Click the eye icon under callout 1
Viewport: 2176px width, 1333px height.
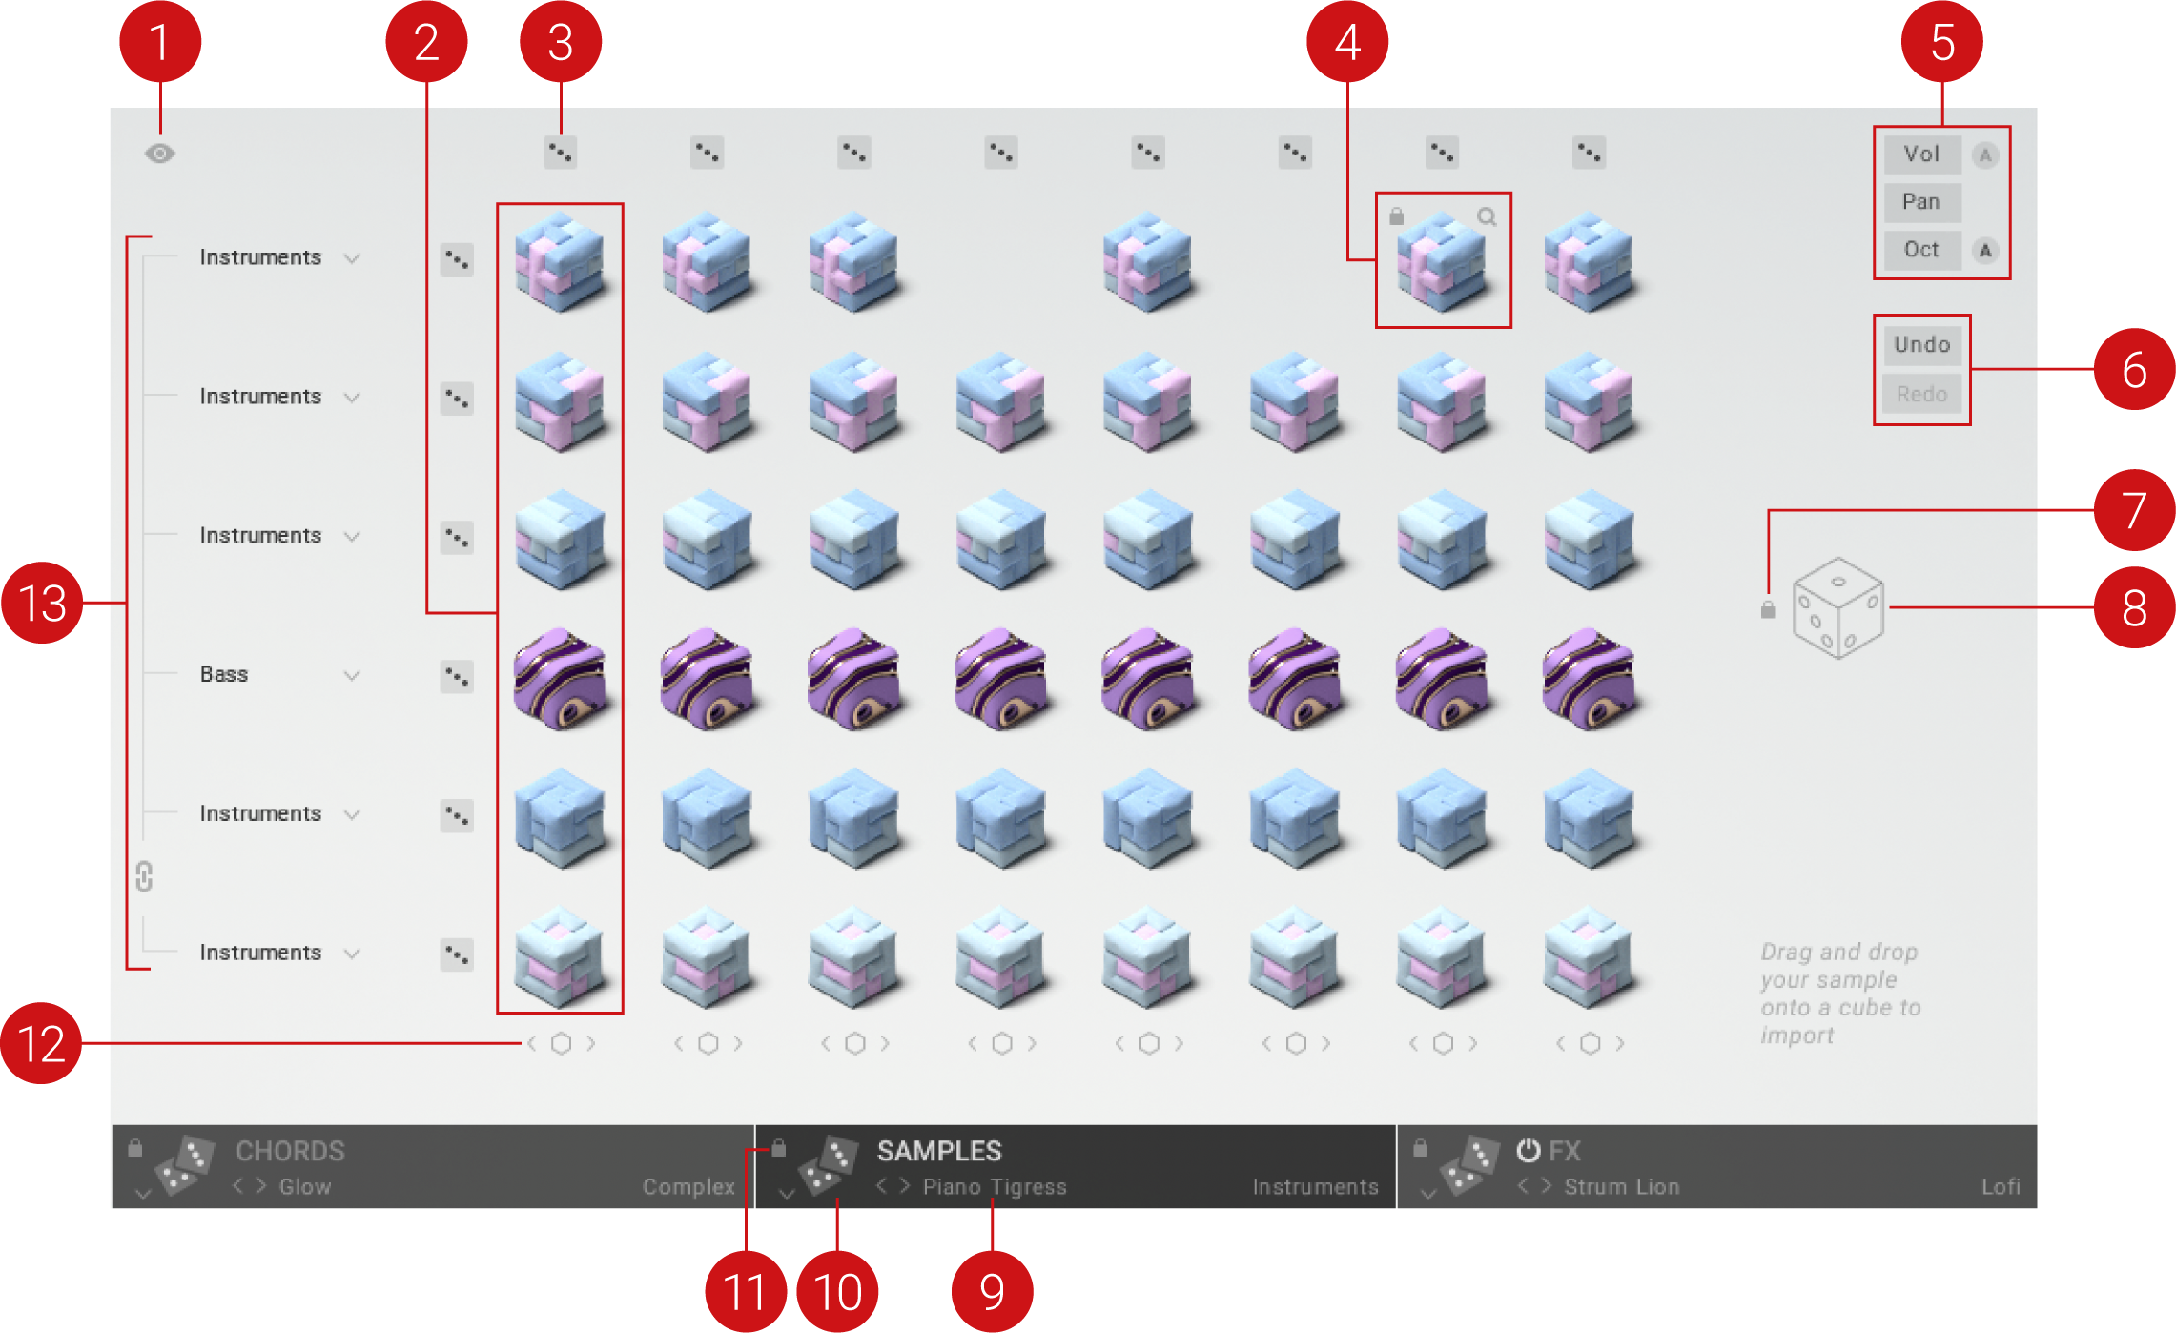point(160,154)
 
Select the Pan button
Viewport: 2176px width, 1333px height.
point(1921,202)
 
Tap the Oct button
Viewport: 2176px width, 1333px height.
point(1921,250)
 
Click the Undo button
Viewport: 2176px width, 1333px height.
point(1921,345)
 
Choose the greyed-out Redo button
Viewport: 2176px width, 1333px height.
point(1921,394)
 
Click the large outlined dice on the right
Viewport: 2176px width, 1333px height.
point(1838,608)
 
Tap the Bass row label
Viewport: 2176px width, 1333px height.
point(224,674)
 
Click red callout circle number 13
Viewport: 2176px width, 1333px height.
point(42,603)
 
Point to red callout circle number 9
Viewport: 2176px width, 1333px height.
point(992,1291)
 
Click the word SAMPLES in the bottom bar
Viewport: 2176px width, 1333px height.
point(939,1152)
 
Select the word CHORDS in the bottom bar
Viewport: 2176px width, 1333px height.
point(290,1152)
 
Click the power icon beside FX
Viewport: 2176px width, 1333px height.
point(1528,1151)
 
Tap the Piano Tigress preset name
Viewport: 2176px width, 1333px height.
point(995,1187)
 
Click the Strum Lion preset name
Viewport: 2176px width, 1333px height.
point(1622,1187)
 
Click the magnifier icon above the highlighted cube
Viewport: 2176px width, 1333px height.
point(1487,217)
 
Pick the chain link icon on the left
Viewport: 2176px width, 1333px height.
point(144,876)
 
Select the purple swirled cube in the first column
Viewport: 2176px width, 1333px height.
point(560,679)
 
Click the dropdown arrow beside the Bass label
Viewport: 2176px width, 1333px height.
point(352,676)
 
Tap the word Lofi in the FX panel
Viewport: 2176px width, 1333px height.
point(2001,1187)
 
